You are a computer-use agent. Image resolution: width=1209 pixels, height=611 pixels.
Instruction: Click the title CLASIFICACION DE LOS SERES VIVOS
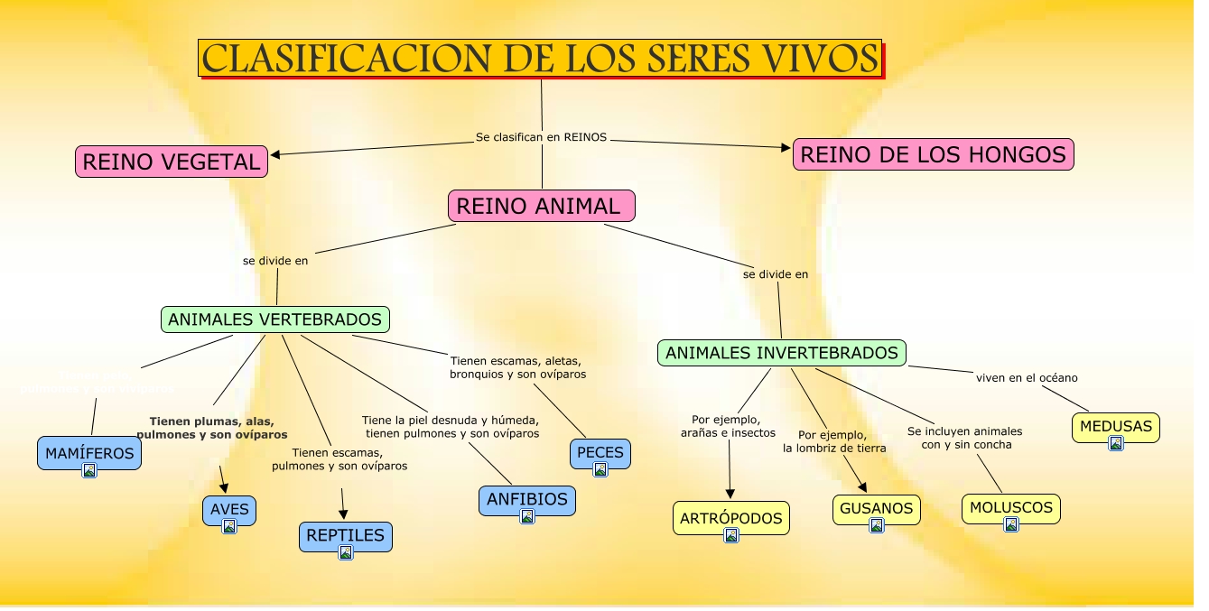540,59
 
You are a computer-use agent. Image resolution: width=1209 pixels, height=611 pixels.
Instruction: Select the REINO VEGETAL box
172,162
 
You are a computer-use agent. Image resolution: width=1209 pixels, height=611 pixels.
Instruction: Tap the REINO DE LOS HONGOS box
933,155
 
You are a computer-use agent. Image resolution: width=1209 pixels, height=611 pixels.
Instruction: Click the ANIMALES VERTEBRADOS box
275,319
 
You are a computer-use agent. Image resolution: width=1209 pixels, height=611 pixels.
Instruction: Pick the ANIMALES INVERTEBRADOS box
781,353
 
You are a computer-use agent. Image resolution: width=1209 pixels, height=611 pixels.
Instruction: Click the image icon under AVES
229,526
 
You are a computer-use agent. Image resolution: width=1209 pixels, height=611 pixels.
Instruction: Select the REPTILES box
345,535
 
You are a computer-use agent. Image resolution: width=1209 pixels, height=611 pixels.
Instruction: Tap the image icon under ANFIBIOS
527,516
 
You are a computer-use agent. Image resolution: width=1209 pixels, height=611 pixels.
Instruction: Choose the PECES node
600,452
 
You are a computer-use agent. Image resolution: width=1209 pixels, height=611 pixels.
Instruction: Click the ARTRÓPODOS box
731,518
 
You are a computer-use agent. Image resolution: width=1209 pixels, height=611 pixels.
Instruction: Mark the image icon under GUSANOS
877,525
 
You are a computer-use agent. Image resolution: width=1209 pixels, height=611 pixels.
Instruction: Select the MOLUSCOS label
1010,507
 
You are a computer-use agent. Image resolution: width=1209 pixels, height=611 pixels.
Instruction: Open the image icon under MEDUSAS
1116,443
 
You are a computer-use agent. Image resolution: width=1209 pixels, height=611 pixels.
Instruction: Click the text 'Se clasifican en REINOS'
541,137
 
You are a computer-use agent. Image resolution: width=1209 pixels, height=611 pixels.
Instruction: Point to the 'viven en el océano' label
1027,378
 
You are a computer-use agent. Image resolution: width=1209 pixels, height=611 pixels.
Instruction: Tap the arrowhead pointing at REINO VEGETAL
275,154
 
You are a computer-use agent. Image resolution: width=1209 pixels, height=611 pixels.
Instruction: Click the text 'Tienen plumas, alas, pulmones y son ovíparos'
212,428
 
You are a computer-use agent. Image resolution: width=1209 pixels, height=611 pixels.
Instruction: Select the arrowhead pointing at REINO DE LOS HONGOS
786,147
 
